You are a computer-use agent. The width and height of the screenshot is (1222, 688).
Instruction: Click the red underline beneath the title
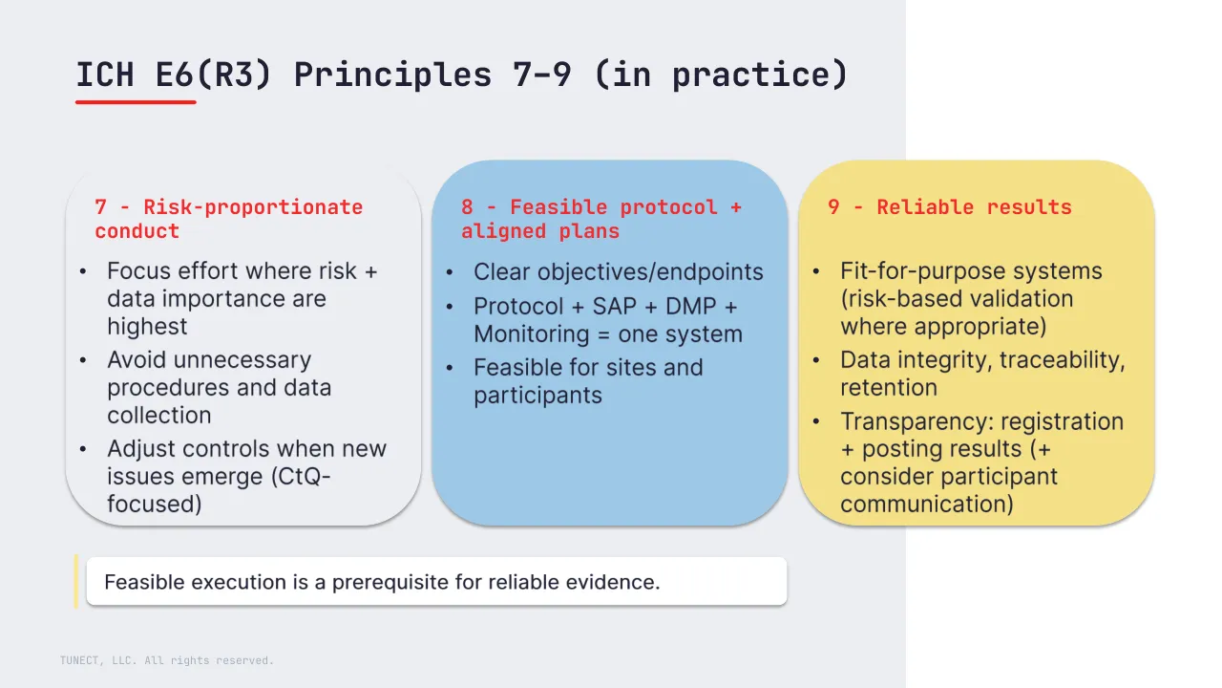coord(136,101)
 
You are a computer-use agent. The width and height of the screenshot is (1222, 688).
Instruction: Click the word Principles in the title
coord(392,75)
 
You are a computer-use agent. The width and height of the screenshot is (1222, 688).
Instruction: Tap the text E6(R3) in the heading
coord(213,75)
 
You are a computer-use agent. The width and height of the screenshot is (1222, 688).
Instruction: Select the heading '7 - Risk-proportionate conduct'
coord(228,219)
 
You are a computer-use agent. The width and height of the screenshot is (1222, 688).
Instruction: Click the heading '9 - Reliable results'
coord(950,207)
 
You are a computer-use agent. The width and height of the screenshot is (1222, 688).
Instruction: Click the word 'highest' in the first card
coord(147,327)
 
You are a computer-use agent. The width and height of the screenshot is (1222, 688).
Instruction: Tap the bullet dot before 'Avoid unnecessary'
coord(83,360)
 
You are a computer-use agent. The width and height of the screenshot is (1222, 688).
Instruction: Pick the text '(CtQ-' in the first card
coord(301,476)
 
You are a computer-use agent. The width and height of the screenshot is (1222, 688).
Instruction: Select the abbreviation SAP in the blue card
coord(615,307)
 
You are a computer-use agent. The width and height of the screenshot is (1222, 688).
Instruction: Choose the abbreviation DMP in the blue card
coord(690,307)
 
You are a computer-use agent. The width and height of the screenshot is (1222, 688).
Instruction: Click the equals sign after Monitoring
coord(604,334)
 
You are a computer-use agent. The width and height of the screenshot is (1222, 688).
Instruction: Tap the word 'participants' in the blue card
coord(537,396)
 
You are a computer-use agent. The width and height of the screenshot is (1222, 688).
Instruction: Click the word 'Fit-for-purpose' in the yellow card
coord(918,271)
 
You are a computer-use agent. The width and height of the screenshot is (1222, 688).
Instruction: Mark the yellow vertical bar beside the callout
coord(76,581)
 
